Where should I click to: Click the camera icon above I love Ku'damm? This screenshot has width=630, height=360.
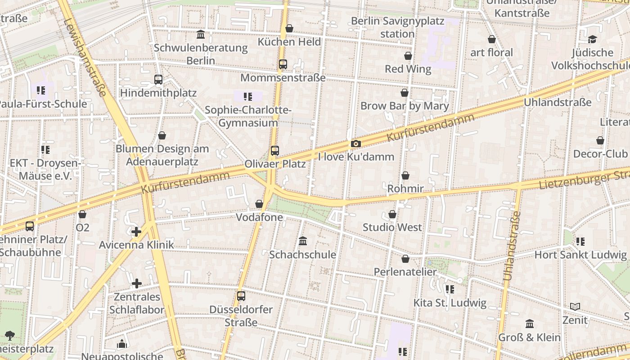[x=355, y=144]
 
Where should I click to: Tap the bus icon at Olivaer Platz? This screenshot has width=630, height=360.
[x=274, y=151]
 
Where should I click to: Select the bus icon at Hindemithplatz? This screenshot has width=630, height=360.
[x=158, y=80]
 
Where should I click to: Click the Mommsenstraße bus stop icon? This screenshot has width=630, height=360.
[x=283, y=64]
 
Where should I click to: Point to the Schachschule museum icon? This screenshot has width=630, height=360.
[x=303, y=241]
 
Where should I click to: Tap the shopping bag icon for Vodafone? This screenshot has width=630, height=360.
[x=259, y=204]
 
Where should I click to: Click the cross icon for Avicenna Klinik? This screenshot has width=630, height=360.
[x=136, y=232]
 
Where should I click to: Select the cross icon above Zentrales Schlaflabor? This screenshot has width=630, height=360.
[x=137, y=283]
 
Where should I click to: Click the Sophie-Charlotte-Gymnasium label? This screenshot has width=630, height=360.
[x=248, y=117]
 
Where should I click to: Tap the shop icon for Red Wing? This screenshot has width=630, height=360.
[x=408, y=56]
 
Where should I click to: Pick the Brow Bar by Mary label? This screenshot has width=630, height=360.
[x=405, y=106]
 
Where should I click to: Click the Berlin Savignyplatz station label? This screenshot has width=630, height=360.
[x=397, y=27]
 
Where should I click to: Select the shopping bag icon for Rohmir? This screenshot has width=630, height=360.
[x=405, y=175]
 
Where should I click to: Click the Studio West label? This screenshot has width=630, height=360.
[x=392, y=228]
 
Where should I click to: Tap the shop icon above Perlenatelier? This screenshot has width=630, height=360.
[x=405, y=259]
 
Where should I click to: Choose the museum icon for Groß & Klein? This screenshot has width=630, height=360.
[x=530, y=324]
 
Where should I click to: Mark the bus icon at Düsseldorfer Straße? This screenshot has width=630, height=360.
[x=241, y=296]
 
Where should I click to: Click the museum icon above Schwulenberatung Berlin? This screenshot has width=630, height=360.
[x=201, y=34]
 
